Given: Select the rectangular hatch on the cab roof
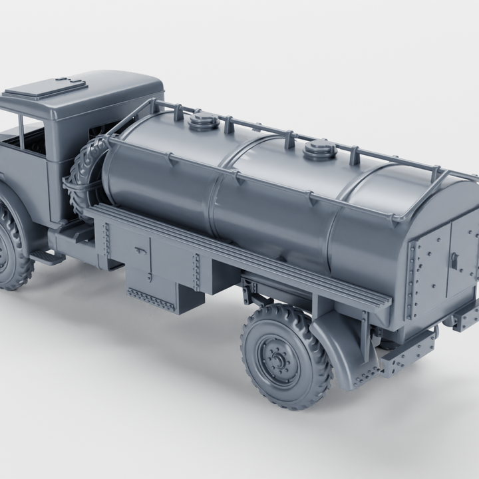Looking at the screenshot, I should pyautogui.click(x=54, y=88).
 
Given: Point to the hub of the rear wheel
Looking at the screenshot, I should pyautogui.click(x=279, y=361).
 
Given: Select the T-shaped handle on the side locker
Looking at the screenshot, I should pyautogui.click(x=139, y=251).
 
